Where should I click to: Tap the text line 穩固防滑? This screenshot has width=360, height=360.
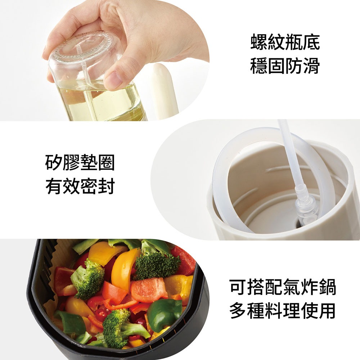(x=285, y=66)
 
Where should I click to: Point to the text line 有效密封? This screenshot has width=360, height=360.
(x=80, y=186)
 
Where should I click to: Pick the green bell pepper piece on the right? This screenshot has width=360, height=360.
(x=166, y=313)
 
